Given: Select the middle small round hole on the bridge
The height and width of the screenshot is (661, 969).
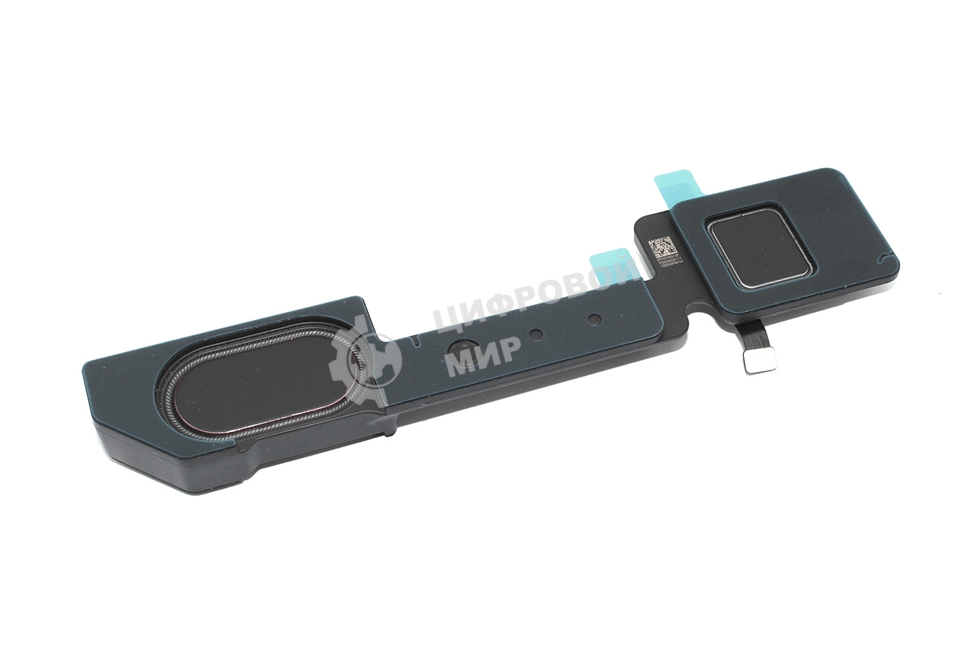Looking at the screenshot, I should click(x=535, y=334).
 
